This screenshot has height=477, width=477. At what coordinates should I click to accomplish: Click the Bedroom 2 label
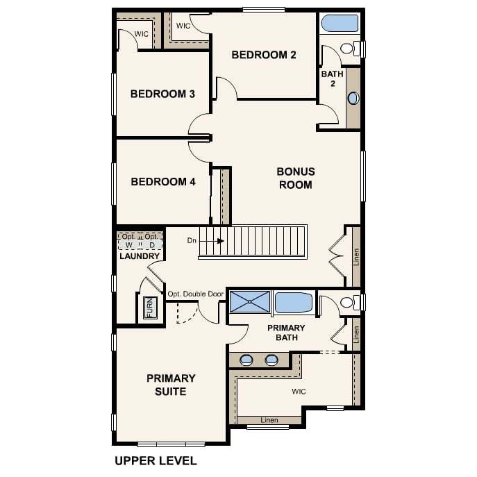point(264,55)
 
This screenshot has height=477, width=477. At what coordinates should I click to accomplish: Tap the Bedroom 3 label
point(162,94)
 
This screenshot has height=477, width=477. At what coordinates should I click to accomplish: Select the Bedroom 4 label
point(163,182)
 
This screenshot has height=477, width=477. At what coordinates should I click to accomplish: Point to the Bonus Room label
point(296,178)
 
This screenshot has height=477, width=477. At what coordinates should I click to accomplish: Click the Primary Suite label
point(171,385)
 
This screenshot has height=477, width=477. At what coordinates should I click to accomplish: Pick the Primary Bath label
point(286,333)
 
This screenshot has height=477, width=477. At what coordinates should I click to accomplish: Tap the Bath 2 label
point(332,78)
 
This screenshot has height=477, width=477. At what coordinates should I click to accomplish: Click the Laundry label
point(140,256)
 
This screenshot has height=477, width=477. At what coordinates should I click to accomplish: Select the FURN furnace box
point(150,308)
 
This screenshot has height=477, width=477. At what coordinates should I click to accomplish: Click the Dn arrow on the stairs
point(212,241)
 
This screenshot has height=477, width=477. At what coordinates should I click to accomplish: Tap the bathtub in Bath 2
point(340,24)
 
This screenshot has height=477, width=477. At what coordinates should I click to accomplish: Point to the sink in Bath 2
point(353,99)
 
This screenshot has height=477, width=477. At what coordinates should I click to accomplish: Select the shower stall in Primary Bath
point(250,301)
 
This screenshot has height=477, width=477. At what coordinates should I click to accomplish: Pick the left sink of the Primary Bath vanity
point(246,360)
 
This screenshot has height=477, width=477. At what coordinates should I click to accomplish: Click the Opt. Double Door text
point(196,294)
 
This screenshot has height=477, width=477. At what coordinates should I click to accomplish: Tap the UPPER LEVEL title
point(156,461)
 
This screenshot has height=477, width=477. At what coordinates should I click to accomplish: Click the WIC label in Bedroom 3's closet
point(142,34)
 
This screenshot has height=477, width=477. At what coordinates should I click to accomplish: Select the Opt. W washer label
point(128,241)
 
